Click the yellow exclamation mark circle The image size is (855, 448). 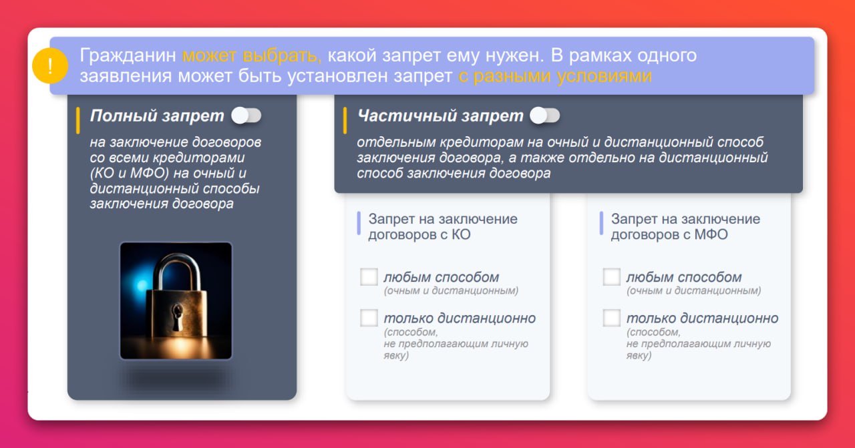(x=50, y=66)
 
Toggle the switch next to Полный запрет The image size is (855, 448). (x=246, y=116)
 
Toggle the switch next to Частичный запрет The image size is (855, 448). (x=544, y=116)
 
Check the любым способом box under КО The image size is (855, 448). (x=369, y=277)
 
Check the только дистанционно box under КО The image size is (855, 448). (x=369, y=318)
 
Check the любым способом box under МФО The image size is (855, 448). (x=611, y=277)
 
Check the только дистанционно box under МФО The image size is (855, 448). (x=611, y=318)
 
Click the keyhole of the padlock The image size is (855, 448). (x=177, y=316)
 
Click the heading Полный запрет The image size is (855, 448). (x=157, y=116)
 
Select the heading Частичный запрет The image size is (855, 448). (x=440, y=116)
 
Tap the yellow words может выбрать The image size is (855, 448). (x=252, y=55)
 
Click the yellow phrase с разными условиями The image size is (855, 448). (x=555, y=76)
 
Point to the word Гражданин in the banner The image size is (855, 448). (x=128, y=55)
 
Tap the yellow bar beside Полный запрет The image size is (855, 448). (x=78, y=121)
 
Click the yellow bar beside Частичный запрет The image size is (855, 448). (x=345, y=121)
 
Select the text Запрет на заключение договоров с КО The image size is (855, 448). (x=443, y=227)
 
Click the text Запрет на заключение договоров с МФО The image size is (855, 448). (x=685, y=227)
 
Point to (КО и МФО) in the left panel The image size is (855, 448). (x=130, y=173)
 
